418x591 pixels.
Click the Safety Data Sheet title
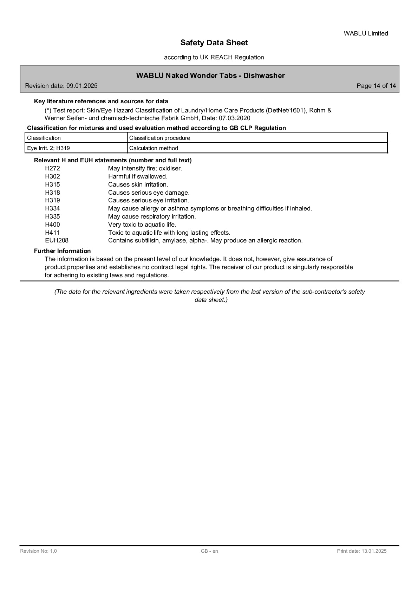click(214, 43)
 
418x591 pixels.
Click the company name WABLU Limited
click(366, 33)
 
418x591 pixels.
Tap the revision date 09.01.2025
click(82, 86)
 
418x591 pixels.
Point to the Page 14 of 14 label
click(376, 86)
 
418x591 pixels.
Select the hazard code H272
click(53, 168)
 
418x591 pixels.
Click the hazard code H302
click(53, 176)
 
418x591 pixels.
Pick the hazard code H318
click(53, 193)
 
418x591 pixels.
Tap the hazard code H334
click(53, 208)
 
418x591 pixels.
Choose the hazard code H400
click(53, 225)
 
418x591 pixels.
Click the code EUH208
click(57, 240)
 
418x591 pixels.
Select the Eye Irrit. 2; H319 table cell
click(48, 148)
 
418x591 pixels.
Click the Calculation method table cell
click(154, 148)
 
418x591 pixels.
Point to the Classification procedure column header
click(159, 138)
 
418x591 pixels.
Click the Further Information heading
click(62, 251)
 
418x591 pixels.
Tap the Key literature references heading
click(101, 101)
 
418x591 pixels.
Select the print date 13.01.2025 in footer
click(374, 551)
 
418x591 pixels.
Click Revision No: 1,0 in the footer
click(38, 551)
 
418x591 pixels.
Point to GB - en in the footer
click(209, 551)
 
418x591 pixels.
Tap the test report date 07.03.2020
click(234, 118)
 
